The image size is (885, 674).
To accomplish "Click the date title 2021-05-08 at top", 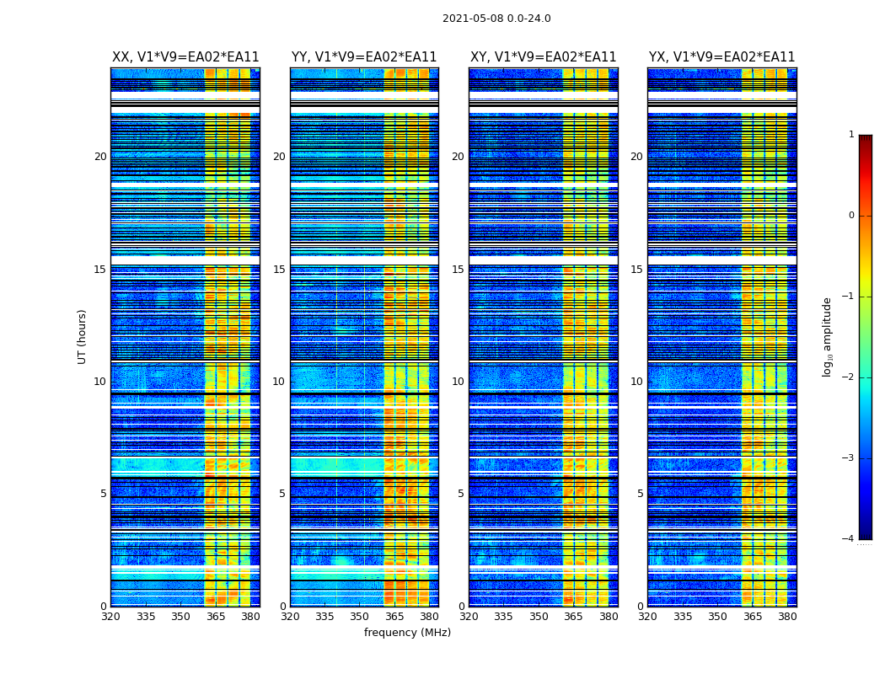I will [x=496, y=19].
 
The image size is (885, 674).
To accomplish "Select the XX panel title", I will [x=185, y=57].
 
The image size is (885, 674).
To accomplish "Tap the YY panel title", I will [x=364, y=57].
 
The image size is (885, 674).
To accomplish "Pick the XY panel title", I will [x=544, y=57].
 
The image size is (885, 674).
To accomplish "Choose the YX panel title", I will [x=722, y=57].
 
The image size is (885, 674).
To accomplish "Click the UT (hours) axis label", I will [x=83, y=336].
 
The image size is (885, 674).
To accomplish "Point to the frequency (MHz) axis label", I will [x=407, y=633].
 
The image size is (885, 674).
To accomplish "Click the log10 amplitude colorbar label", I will [x=827, y=336].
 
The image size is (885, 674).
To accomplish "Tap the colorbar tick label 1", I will [x=851, y=135].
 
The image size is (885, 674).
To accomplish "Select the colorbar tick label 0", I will [x=851, y=216].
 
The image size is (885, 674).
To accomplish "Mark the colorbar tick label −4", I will [x=849, y=539].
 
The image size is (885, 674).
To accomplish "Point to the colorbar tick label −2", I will [x=849, y=377].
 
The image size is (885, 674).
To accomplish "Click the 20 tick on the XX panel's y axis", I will [x=100, y=157].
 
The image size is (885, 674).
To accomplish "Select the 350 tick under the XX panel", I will [x=180, y=617].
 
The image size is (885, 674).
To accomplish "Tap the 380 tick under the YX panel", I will [x=787, y=617].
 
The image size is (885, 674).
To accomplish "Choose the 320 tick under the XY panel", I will [x=469, y=617].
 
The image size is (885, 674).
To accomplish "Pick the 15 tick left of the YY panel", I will [x=279, y=270].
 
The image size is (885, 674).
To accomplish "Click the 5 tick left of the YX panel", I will [x=641, y=494].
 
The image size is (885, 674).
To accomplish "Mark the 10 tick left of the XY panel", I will [x=458, y=382].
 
